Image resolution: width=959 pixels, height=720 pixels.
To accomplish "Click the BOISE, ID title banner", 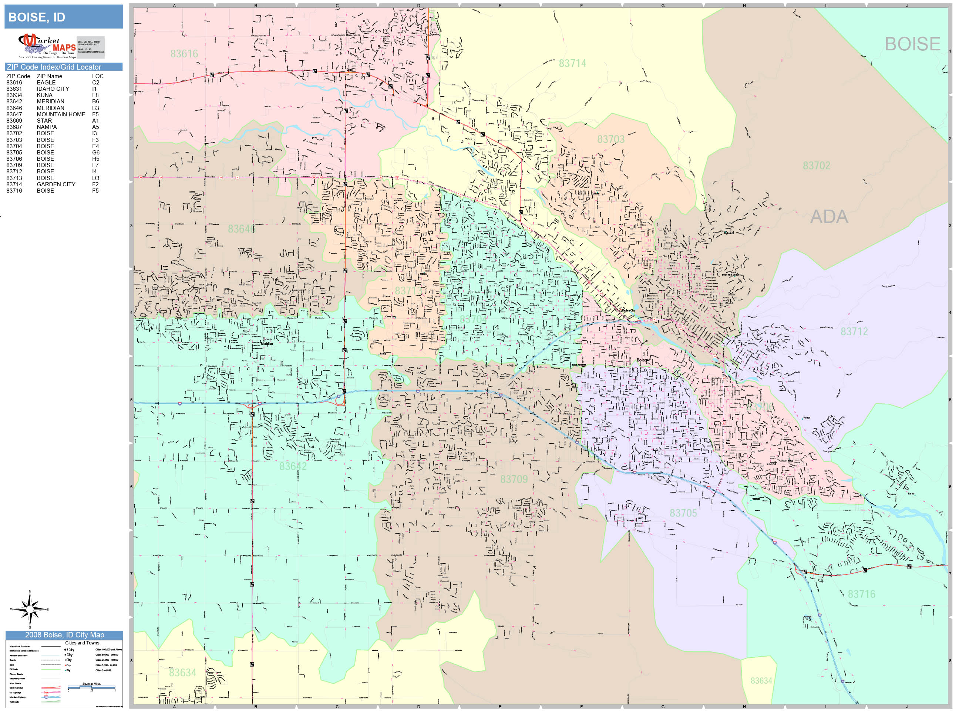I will pyautogui.click(x=63, y=17).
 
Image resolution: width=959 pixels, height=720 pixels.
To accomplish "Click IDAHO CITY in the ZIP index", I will pyautogui.click(x=53, y=89).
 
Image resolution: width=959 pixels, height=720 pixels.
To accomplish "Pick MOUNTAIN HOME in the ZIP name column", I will pyautogui.click(x=61, y=114).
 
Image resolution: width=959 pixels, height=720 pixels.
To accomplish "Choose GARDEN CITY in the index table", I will pyautogui.click(x=56, y=184).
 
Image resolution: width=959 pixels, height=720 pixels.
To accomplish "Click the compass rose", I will pyautogui.click(x=30, y=609).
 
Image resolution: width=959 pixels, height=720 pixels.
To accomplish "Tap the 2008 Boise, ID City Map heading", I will pyautogui.click(x=64, y=634).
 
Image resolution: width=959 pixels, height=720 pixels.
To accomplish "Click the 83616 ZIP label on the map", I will pyautogui.click(x=184, y=54).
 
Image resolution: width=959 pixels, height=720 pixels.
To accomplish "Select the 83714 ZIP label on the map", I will pyautogui.click(x=572, y=63).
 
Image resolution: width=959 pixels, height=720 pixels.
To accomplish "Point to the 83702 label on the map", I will pyautogui.click(x=816, y=165).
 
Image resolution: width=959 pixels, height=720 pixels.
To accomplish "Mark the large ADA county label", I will pyautogui.click(x=828, y=217).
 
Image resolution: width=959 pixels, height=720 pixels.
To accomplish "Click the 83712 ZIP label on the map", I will pyautogui.click(x=854, y=331).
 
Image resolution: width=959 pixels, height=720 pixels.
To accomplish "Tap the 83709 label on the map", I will pyautogui.click(x=514, y=479).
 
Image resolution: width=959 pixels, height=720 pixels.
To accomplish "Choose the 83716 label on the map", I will pyautogui.click(x=861, y=594).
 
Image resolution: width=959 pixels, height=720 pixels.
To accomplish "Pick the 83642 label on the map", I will pyautogui.click(x=293, y=466).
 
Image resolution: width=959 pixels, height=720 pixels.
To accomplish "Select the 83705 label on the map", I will pyautogui.click(x=683, y=513).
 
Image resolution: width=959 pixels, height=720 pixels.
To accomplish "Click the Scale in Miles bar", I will pyautogui.click(x=91, y=687).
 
